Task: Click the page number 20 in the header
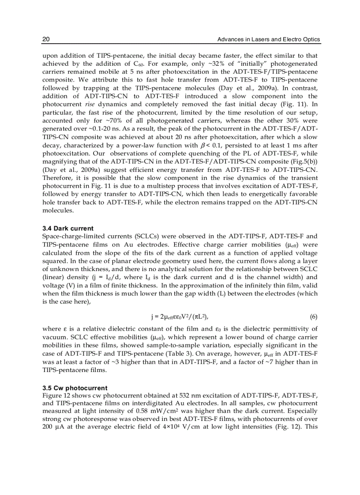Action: click(45, 40)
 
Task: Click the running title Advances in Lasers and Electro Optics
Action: click(269, 40)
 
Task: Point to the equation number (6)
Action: click(314, 316)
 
